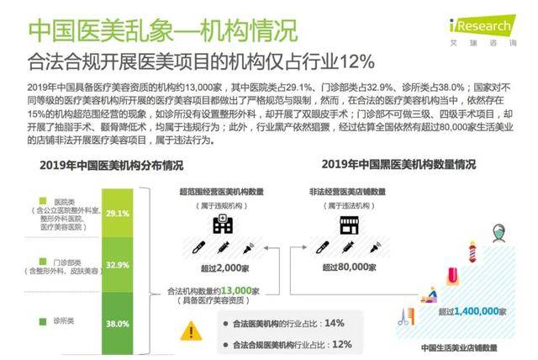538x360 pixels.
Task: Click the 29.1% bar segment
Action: coord(117,214)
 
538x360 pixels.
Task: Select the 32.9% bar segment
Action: coord(117,265)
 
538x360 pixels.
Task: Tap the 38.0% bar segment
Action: coord(117,323)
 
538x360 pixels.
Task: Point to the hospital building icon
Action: coord(223,224)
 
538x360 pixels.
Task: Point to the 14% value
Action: coord(334,322)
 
